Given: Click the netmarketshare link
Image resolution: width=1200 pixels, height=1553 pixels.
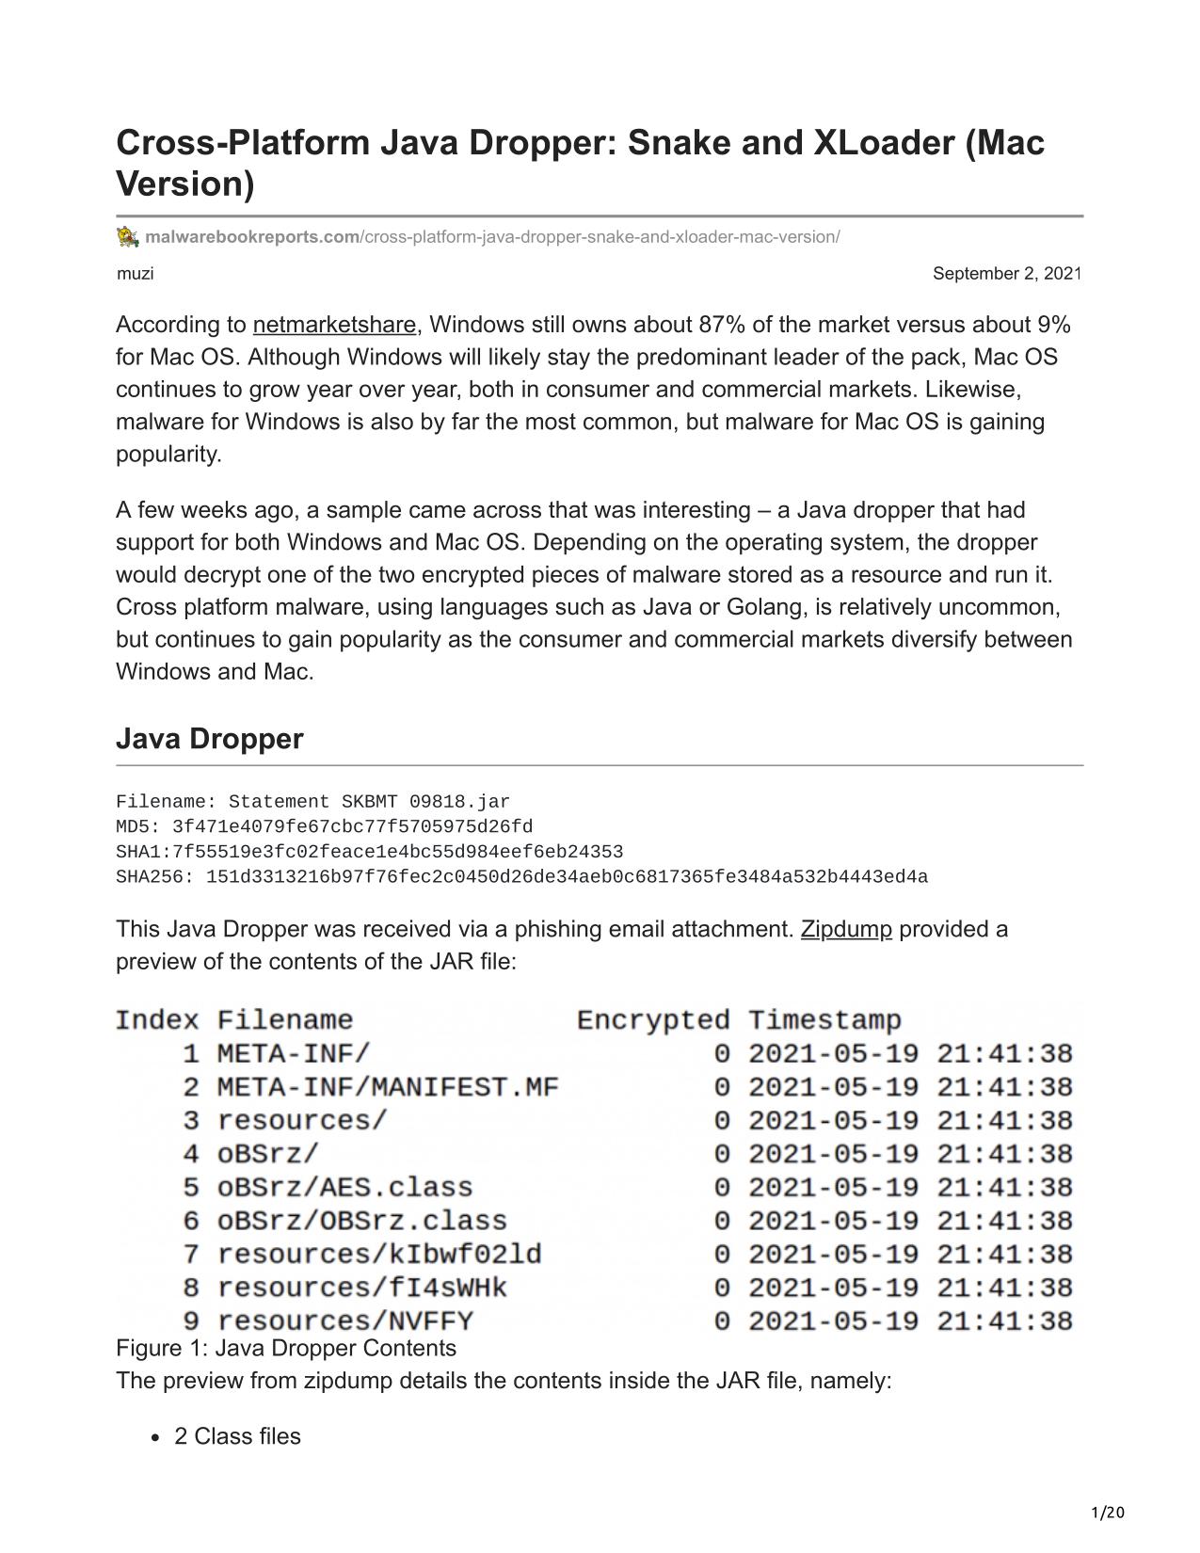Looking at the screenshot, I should [334, 325].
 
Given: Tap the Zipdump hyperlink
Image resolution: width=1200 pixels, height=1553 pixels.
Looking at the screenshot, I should [845, 929].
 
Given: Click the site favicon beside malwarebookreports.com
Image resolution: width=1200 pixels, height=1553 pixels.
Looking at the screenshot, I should [128, 236].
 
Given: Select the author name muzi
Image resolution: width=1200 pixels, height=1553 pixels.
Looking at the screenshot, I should [135, 274].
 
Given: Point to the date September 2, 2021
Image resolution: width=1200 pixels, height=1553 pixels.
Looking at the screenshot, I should [1006, 274].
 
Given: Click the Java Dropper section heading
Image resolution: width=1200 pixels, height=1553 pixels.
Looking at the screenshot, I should [209, 739].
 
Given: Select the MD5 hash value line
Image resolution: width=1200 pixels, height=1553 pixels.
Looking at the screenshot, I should [324, 826].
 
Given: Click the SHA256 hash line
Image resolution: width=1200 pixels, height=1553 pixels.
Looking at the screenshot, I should [521, 877].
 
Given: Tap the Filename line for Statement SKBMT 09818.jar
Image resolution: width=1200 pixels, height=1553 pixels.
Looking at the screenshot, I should [312, 802].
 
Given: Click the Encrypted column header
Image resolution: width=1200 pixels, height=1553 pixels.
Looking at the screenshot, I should [652, 1020].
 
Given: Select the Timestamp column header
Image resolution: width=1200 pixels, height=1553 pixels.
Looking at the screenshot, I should [824, 1020].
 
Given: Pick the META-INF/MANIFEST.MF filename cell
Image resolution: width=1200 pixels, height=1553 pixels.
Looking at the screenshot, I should [387, 1087].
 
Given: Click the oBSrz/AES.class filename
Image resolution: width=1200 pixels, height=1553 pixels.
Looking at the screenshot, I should [344, 1187].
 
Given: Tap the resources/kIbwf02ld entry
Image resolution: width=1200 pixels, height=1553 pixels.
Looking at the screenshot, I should [379, 1254].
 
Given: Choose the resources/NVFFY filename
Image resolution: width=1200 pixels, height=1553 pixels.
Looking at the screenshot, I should [344, 1321].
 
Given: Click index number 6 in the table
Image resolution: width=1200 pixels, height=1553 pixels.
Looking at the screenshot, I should [191, 1221].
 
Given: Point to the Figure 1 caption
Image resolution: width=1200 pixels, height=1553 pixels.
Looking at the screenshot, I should [286, 1348].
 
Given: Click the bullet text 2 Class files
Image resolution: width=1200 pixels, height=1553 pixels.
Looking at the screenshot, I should [237, 1436].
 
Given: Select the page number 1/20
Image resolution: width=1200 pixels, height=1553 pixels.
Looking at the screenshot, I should [1108, 1513].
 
